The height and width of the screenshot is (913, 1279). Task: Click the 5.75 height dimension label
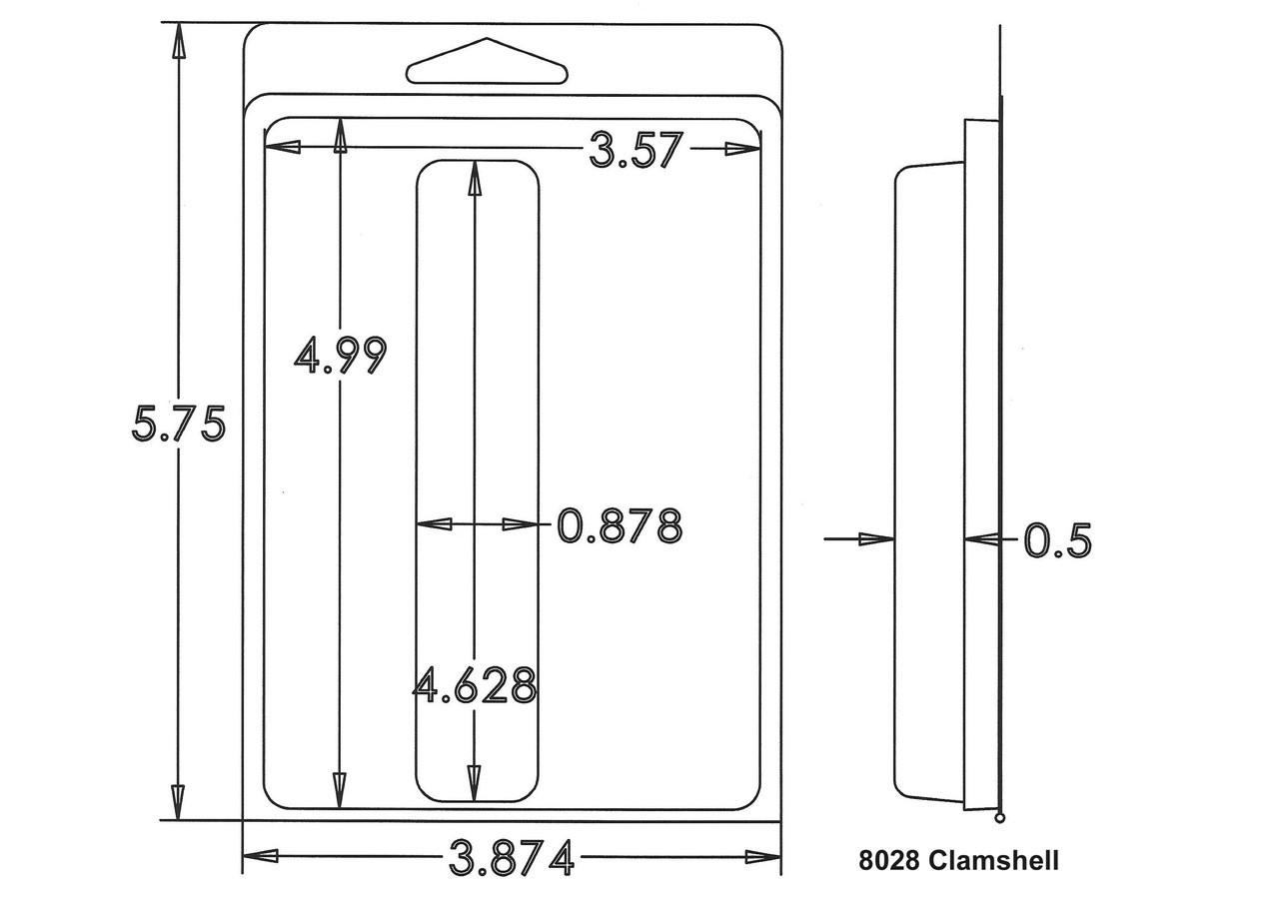tap(179, 423)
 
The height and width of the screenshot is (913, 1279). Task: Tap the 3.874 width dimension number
tap(511, 858)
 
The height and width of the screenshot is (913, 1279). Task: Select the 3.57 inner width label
tap(636, 150)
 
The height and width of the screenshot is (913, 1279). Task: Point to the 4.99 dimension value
tap(341, 355)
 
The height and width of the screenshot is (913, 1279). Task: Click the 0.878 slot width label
tap(620, 525)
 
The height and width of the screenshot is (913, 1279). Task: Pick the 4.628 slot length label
tap(475, 685)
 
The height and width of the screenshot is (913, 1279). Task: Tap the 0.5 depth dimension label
tap(1057, 540)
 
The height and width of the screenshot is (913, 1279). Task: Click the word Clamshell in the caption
tap(994, 860)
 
